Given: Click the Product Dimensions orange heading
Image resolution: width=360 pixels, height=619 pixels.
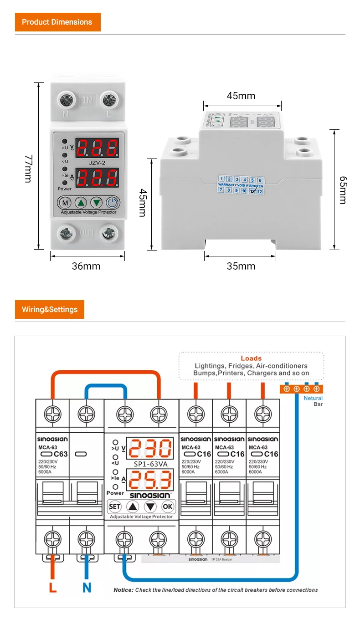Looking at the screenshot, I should click(x=57, y=22).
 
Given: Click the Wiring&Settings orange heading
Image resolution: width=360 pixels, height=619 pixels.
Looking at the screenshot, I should click(x=50, y=309).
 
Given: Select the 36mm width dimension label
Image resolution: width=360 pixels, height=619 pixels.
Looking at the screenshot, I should click(x=86, y=266).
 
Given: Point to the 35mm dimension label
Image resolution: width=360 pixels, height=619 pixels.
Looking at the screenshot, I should click(x=241, y=266).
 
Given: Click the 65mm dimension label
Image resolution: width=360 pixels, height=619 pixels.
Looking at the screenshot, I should click(x=343, y=190).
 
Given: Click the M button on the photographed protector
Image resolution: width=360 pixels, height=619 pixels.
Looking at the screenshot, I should click(x=65, y=203).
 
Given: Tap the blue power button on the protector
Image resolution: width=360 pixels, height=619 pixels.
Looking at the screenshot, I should click(x=112, y=203).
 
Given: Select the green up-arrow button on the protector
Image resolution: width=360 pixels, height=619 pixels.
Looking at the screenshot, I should click(x=81, y=203).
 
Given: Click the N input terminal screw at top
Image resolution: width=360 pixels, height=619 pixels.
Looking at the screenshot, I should click(x=66, y=100).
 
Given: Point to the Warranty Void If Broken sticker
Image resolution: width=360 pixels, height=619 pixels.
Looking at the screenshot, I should click(x=241, y=185).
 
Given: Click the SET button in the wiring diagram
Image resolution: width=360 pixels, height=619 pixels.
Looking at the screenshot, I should click(x=114, y=506).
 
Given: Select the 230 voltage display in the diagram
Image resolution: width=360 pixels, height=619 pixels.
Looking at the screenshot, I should click(x=150, y=449).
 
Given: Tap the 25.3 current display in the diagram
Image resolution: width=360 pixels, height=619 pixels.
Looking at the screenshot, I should click(x=150, y=480).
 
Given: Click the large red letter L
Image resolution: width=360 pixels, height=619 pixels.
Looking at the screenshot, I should click(x=53, y=588).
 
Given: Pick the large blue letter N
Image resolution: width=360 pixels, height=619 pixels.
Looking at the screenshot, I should click(x=87, y=588).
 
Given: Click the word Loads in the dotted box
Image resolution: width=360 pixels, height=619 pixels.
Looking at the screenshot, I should click(x=251, y=358).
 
